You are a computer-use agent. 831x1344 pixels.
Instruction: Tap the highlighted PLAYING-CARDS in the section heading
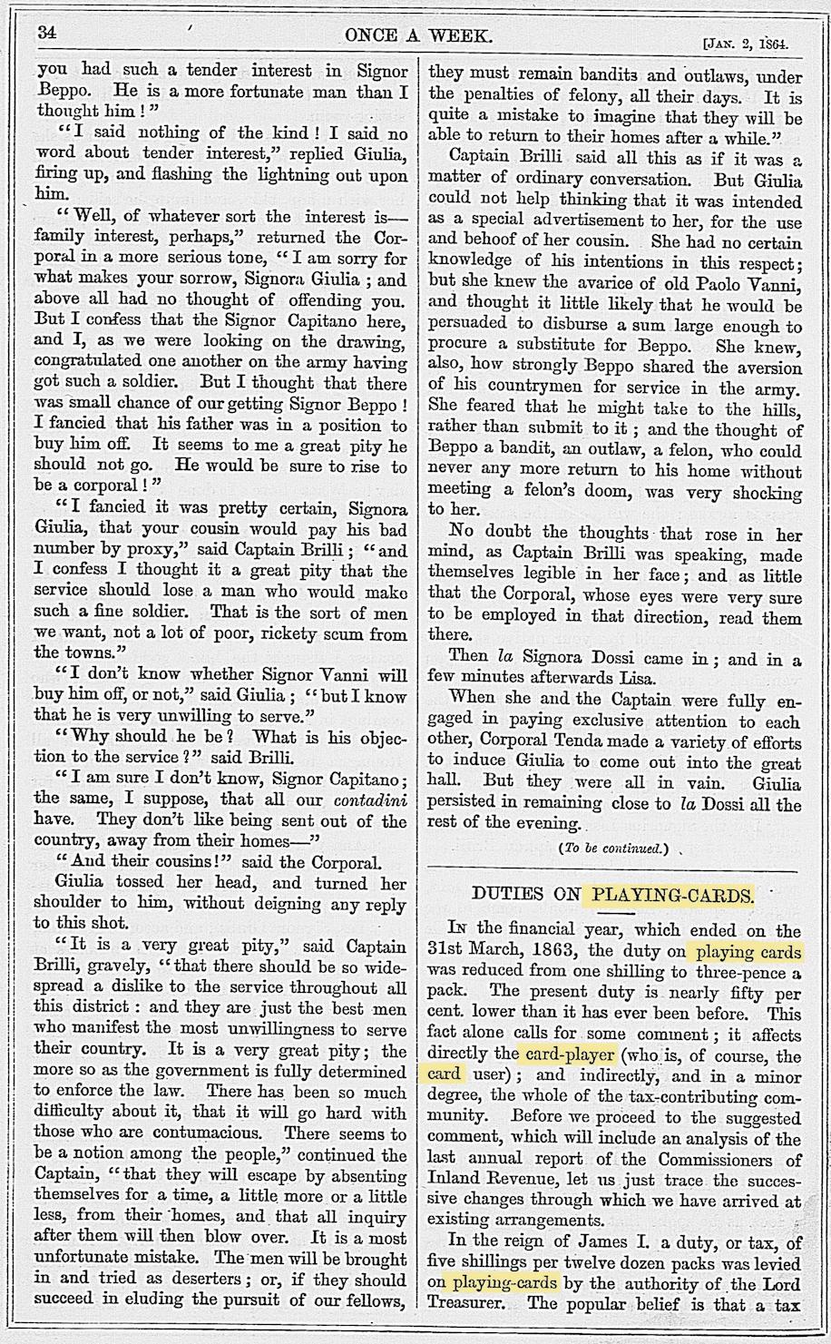pyautogui.click(x=671, y=894)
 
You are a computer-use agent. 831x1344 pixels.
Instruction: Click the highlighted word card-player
pyautogui.click(x=566, y=1055)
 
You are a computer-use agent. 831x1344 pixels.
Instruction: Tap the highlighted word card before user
pyautogui.click(x=444, y=1076)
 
